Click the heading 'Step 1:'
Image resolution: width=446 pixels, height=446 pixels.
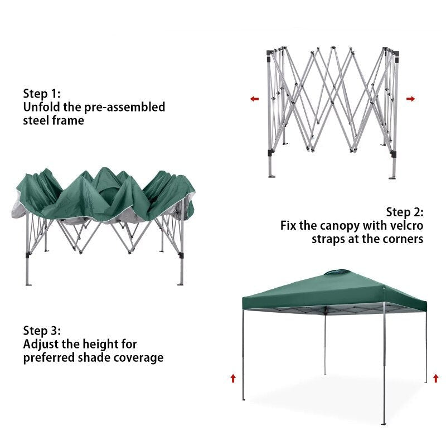point(42,93)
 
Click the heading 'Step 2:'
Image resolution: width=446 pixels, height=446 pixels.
point(405,212)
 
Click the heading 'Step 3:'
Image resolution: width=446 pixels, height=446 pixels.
point(42,331)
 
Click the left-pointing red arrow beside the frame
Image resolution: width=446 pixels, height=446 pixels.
point(254,99)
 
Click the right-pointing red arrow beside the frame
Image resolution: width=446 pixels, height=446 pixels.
point(411,99)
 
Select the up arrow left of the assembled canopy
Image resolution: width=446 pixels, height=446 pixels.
point(233,379)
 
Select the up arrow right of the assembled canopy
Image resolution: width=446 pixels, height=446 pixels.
point(435,379)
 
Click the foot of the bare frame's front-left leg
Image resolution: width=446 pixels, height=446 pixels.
point(272,176)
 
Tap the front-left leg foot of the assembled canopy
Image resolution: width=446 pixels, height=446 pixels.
point(243,399)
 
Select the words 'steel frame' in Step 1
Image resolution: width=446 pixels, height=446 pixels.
point(54,120)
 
